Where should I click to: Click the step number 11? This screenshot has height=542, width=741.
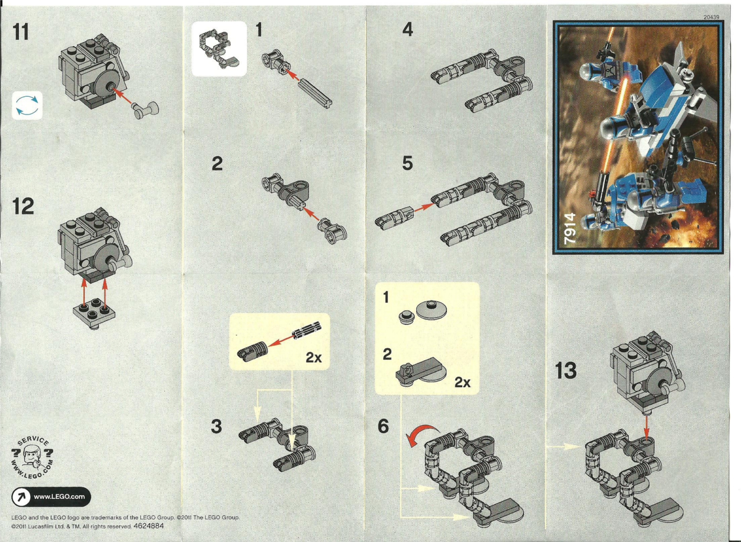21,32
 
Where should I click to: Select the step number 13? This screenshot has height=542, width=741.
565,370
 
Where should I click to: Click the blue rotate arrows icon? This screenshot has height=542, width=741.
27,105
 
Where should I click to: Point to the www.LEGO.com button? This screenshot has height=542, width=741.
51,496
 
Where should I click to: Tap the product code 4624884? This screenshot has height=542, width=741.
149,526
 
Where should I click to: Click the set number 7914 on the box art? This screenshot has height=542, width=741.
571,229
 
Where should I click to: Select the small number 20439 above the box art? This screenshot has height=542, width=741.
711,17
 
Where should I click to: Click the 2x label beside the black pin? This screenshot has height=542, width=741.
313,357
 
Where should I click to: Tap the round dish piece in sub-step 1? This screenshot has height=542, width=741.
431,310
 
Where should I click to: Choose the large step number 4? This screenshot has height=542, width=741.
408,30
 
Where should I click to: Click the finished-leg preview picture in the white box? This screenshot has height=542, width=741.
219,49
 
